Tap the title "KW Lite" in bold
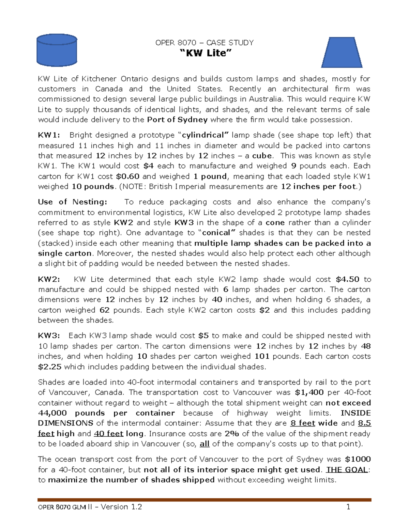coord(205,53)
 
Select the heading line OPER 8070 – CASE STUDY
coord(204,43)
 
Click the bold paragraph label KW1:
coord(49,135)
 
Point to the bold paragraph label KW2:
coord(49,279)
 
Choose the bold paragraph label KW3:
coord(49,336)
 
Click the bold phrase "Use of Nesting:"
coord(72,202)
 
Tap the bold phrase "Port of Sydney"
coord(177,120)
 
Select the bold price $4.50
coord(347,279)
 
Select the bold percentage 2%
coord(232,434)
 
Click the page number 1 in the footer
coord(348,507)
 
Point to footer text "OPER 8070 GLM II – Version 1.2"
coord(90,507)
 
